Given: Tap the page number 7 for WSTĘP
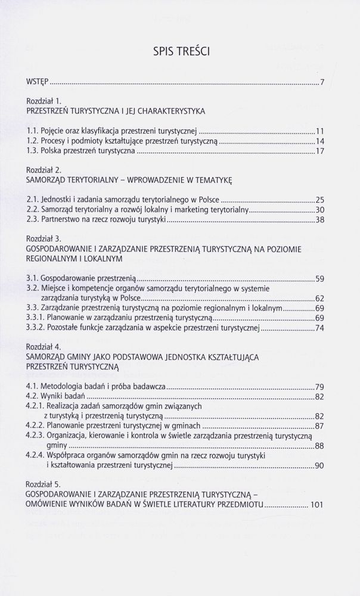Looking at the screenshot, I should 322,82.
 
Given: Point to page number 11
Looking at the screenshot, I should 319,131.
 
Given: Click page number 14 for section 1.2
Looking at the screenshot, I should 319,141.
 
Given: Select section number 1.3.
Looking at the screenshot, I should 33,152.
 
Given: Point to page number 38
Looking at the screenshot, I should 319,220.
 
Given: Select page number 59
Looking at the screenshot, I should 319,278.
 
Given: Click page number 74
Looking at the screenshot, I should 319,328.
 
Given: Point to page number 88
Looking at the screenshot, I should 319,446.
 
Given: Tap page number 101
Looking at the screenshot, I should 316,505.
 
